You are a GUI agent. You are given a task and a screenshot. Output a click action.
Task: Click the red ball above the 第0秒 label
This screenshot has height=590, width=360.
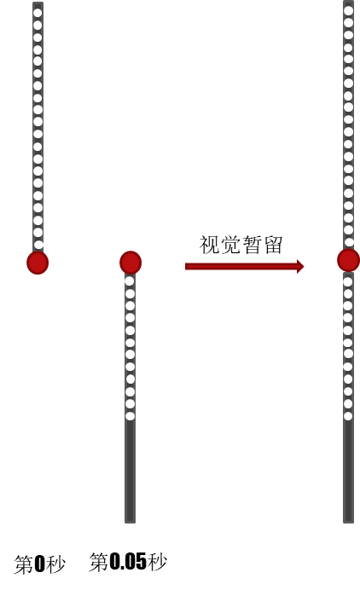[38, 263]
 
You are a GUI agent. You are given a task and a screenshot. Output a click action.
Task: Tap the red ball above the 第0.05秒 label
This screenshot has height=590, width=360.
[131, 263]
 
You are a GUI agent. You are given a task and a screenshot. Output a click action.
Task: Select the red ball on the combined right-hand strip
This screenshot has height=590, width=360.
[348, 260]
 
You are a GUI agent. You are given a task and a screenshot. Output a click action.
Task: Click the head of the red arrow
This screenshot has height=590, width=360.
[300, 266]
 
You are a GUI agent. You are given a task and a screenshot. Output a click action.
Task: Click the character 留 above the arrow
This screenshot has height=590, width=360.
[273, 245]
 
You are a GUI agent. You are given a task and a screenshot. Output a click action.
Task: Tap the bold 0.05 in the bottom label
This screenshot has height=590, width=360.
[128, 562]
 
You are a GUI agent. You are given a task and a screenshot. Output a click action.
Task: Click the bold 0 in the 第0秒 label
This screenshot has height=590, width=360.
[39, 564]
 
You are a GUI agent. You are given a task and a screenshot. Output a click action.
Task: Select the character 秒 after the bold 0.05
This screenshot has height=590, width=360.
[157, 562]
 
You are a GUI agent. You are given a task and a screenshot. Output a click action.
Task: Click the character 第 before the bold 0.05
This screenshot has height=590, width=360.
[99, 562]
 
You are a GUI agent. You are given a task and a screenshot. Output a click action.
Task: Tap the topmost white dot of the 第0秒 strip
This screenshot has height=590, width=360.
[38, 13]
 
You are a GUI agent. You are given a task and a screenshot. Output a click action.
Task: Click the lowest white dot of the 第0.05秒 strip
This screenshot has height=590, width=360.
[131, 416]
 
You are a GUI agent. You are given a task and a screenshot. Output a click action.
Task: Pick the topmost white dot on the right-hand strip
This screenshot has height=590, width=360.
[348, 10]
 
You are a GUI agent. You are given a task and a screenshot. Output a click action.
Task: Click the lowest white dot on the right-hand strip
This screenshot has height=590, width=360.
[348, 416]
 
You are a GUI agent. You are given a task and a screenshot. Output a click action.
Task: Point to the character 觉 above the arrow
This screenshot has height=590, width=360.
[230, 245]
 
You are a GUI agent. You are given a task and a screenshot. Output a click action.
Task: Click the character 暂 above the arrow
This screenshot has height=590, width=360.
[252, 245]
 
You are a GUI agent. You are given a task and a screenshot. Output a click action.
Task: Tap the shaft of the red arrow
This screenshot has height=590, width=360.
[241, 266]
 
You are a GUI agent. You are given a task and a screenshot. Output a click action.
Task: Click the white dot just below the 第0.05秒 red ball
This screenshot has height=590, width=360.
[130, 281]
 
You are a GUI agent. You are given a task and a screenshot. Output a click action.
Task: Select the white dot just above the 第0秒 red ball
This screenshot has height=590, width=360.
[38, 245]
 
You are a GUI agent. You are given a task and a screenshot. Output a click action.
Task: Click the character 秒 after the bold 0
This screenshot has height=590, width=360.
[55, 564]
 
